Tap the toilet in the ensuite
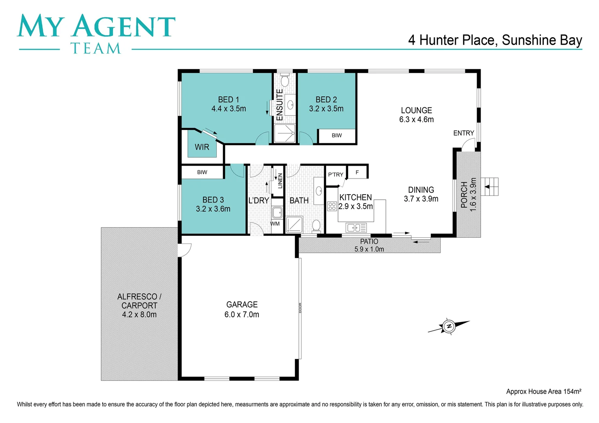[x=285, y=81]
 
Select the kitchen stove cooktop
[x=332, y=206]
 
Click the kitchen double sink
[x=356, y=227]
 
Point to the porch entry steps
[x=490, y=187]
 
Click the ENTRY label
[x=463, y=133]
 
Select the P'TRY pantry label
[x=336, y=175]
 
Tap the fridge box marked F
[x=357, y=172]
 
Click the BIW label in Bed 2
[x=336, y=136]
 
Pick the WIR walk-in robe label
[x=202, y=147]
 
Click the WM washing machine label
[x=275, y=224]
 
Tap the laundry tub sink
[x=277, y=213]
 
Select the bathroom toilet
[x=316, y=226]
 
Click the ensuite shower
[x=285, y=134]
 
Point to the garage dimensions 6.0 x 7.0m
[x=241, y=315]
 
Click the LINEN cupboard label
[x=280, y=181]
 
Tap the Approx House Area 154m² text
[x=543, y=391]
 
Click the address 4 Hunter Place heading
[x=495, y=40]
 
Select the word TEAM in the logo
[x=96, y=49]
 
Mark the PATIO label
[x=369, y=242]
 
